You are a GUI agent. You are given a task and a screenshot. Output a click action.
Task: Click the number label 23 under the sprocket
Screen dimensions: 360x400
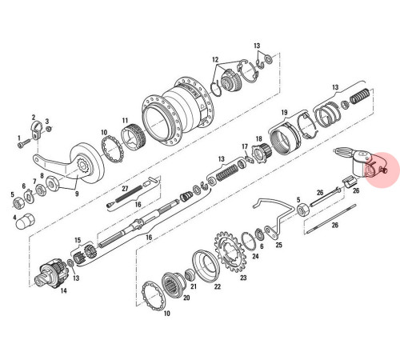click(243, 278)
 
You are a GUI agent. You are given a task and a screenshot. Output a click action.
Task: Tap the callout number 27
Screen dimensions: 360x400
click(125, 188)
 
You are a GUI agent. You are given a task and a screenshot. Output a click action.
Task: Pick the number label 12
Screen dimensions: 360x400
click(215, 60)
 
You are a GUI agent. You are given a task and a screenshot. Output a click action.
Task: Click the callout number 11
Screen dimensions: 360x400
click(126, 121)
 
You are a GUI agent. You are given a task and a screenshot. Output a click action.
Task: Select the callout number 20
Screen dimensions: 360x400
click(186, 298)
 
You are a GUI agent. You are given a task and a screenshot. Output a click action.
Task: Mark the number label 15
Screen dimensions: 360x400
click(78, 239)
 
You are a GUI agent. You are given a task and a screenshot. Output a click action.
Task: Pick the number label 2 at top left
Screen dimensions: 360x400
click(33, 117)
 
